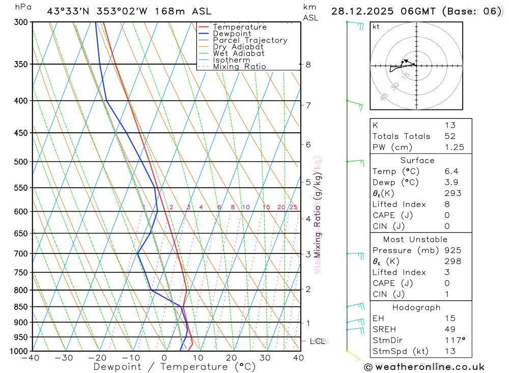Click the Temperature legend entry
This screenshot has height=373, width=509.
[239, 27]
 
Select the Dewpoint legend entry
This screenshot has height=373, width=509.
[232, 34]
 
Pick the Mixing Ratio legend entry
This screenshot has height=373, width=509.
[239, 66]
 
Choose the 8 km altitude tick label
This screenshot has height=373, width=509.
[308, 65]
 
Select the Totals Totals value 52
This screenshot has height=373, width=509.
[450, 136]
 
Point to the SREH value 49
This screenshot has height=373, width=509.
[450, 329]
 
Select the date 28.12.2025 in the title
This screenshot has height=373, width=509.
[362, 11]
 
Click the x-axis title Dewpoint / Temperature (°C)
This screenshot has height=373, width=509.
[174, 366]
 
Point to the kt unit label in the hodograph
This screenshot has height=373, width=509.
[376, 26]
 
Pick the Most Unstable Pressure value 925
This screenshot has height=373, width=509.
[453, 250]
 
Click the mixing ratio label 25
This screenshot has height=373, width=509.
[293, 207]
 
